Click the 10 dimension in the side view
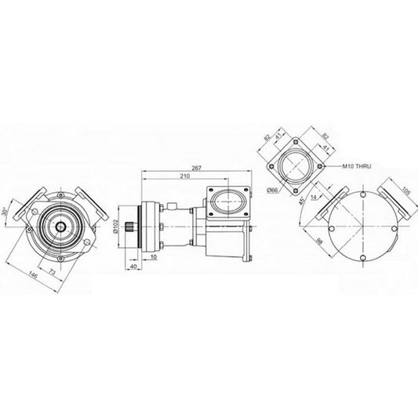(x=152, y=256)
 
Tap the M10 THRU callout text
(x=360, y=167)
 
